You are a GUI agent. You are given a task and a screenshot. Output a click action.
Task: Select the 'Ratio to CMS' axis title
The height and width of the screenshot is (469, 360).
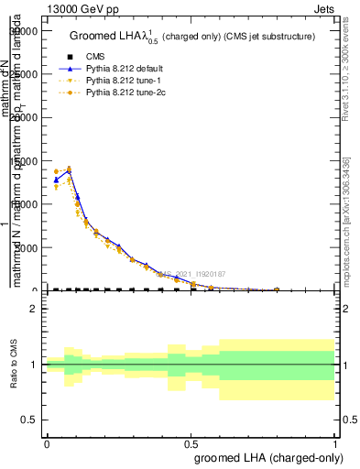(13, 365)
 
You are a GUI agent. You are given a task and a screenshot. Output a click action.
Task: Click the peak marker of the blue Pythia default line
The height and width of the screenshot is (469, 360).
(69, 170)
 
